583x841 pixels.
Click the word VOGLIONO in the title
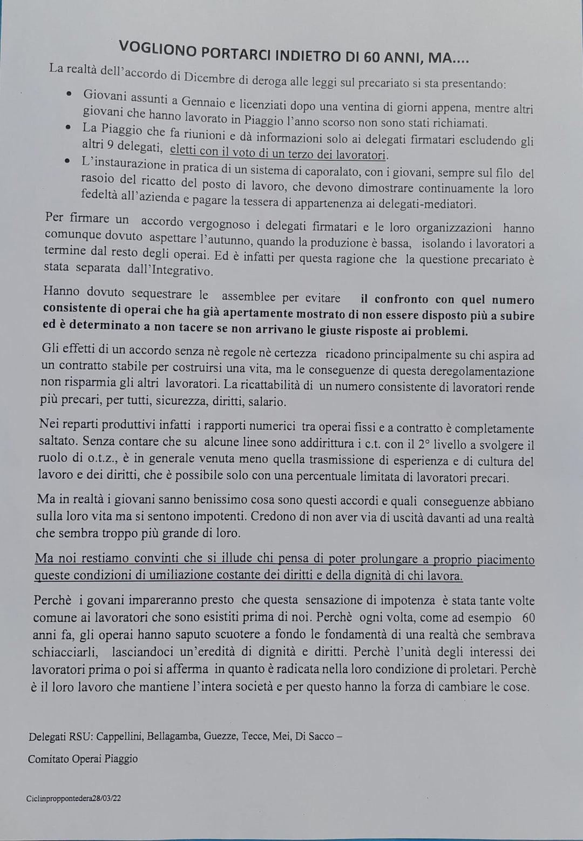(156, 48)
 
